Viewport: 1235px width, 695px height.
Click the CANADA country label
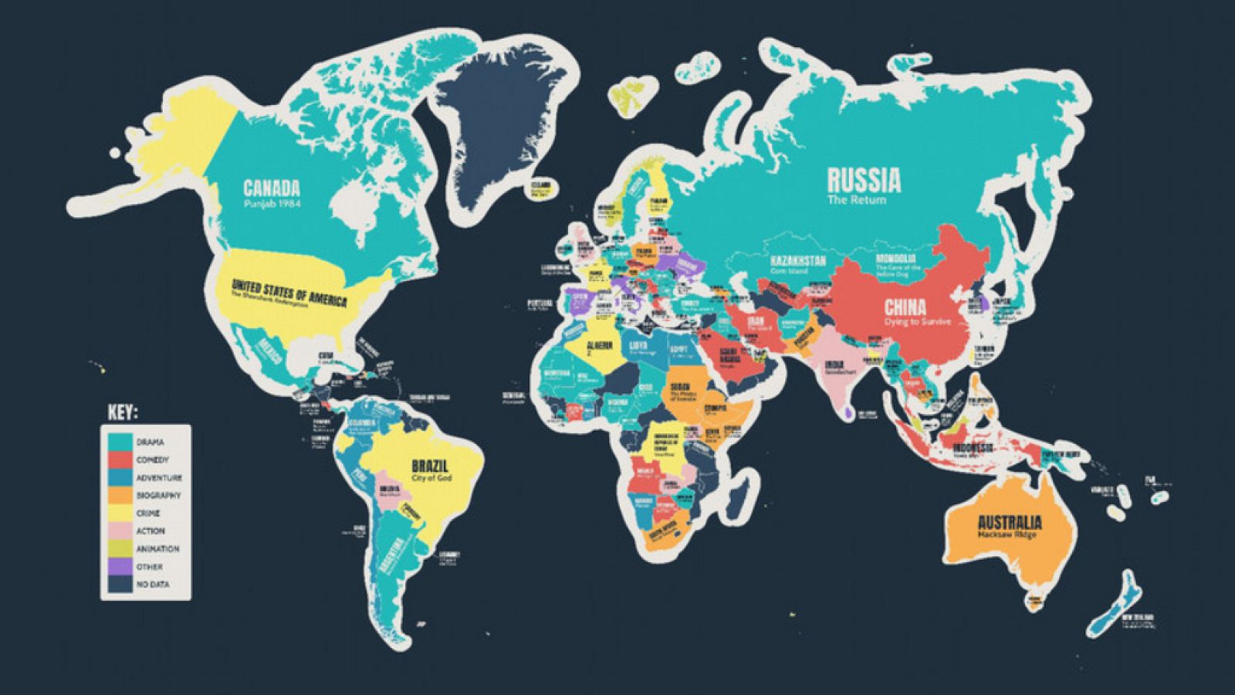pyautogui.click(x=272, y=188)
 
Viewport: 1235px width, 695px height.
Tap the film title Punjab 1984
pyautogui.click(x=272, y=204)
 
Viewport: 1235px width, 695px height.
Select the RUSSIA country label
pyautogui.click(x=864, y=180)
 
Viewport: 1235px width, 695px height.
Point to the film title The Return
pyautogui.click(x=857, y=200)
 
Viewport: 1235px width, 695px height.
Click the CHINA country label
pyautogui.click(x=905, y=307)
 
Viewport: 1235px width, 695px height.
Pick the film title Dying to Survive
pyautogui.click(x=919, y=322)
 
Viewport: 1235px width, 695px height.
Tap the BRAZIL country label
pyautogui.click(x=430, y=466)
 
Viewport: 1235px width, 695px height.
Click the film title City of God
pyautogui.click(x=432, y=479)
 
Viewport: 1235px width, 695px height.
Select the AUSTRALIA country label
pyautogui.click(x=1010, y=522)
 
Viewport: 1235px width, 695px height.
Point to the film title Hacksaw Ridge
pyautogui.click(x=1007, y=534)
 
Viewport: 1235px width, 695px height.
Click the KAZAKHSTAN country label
pyautogui.click(x=798, y=261)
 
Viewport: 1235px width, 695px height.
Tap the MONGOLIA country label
pyautogui.click(x=896, y=258)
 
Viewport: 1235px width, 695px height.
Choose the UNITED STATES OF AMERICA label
pyautogui.click(x=289, y=293)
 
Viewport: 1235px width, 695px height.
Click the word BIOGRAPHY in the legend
pyautogui.click(x=158, y=496)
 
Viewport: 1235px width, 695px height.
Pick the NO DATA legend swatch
pyautogui.click(x=120, y=585)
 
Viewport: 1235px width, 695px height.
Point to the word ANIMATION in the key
pyautogui.click(x=157, y=549)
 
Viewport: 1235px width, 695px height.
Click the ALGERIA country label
pyautogui.click(x=600, y=345)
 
